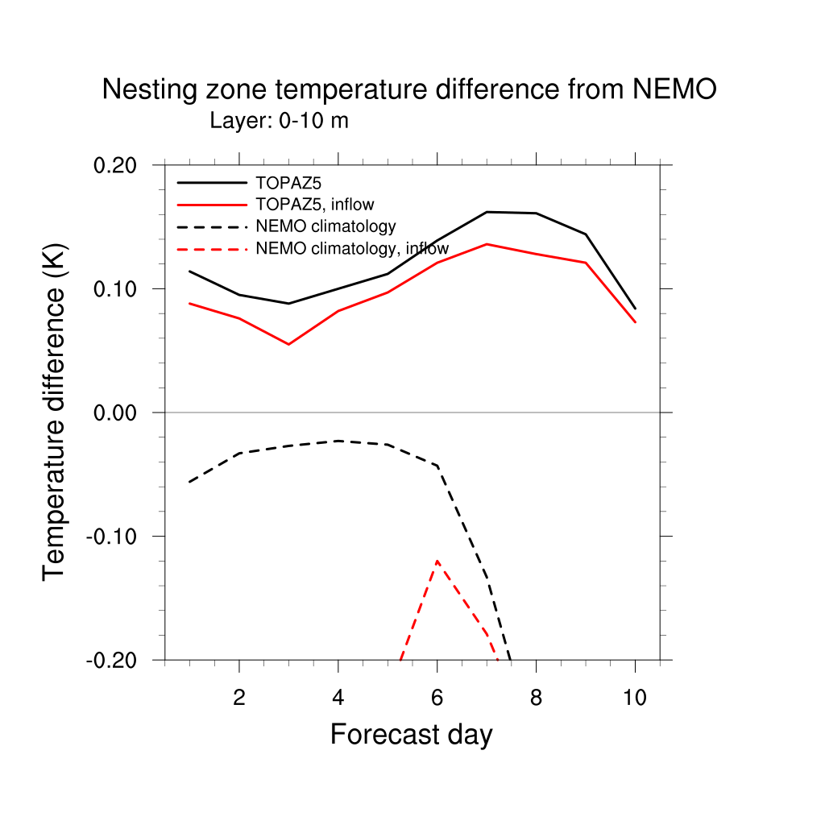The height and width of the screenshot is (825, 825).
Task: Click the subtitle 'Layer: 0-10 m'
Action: (x=279, y=122)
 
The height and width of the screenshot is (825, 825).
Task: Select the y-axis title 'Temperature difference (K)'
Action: (x=55, y=411)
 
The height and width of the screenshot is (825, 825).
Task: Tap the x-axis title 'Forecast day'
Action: (x=411, y=734)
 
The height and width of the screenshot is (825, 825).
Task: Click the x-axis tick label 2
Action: (x=239, y=698)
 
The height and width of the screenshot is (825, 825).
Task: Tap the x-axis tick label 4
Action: (x=338, y=698)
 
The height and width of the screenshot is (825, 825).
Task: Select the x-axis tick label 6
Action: (x=437, y=698)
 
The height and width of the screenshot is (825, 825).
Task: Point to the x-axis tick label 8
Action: (x=536, y=698)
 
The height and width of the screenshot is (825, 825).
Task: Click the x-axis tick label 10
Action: (x=635, y=698)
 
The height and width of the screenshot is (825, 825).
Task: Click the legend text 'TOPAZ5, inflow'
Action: (x=315, y=205)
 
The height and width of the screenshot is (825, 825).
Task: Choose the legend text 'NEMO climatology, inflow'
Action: (x=352, y=248)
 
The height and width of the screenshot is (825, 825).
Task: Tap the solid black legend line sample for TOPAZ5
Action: (x=211, y=183)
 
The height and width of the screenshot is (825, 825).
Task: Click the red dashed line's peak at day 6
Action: (x=437, y=560)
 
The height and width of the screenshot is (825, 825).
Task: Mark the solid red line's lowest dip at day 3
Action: (x=288, y=344)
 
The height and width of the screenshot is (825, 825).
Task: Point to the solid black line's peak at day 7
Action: (x=487, y=212)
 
